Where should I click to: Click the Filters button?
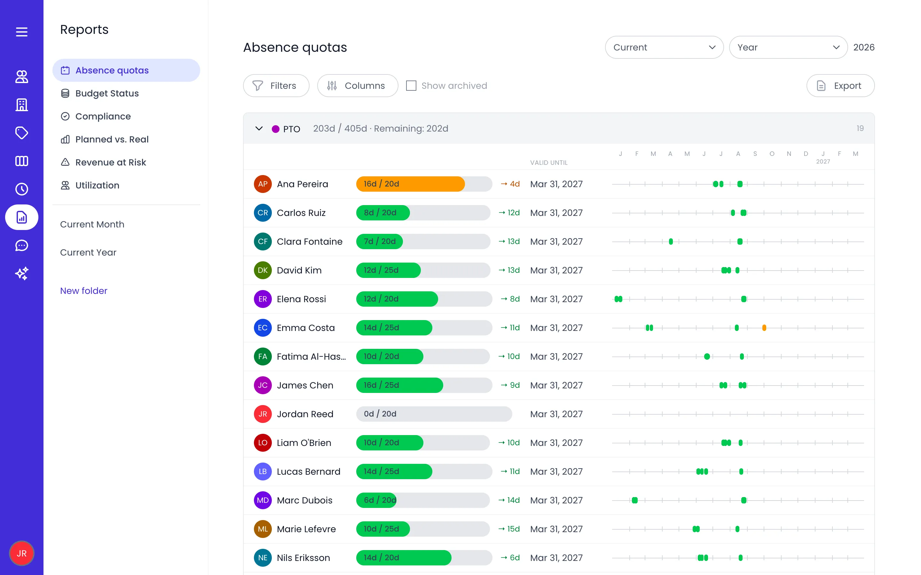pyautogui.click(x=276, y=86)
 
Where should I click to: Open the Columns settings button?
pyautogui.click(x=357, y=86)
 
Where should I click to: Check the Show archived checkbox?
pyautogui.click(x=411, y=86)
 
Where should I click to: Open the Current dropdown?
pyautogui.click(x=664, y=47)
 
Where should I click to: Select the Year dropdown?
pyautogui.click(x=788, y=47)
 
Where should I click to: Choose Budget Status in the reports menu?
pyautogui.click(x=107, y=93)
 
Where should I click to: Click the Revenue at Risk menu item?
pyautogui.click(x=110, y=162)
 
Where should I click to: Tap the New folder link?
pyautogui.click(x=84, y=291)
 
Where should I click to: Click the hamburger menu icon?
pyautogui.click(x=22, y=32)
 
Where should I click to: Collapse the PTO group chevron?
pyautogui.click(x=259, y=128)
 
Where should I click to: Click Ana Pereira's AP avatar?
pyautogui.click(x=263, y=184)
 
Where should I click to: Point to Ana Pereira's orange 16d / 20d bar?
pyautogui.click(x=410, y=184)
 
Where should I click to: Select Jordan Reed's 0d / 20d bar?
pyautogui.click(x=434, y=414)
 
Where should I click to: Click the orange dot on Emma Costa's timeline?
pyautogui.click(x=764, y=328)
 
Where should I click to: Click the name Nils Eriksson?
pyautogui.click(x=303, y=557)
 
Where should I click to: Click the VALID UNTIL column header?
pyautogui.click(x=549, y=163)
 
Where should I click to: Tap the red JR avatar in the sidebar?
pyautogui.click(x=22, y=553)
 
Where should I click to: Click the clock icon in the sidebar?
pyautogui.click(x=22, y=189)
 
